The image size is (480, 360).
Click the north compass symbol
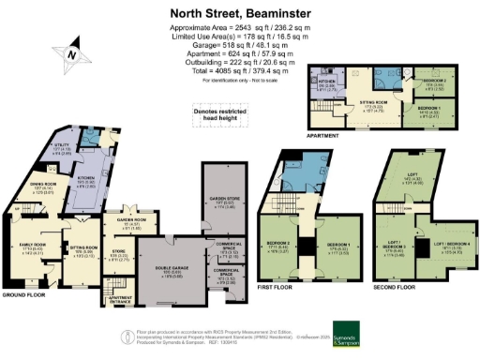pos(72,58)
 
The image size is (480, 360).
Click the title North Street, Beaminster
pos(239,13)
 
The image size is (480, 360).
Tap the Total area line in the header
pos(239,70)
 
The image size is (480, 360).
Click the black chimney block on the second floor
pos(423,247)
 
